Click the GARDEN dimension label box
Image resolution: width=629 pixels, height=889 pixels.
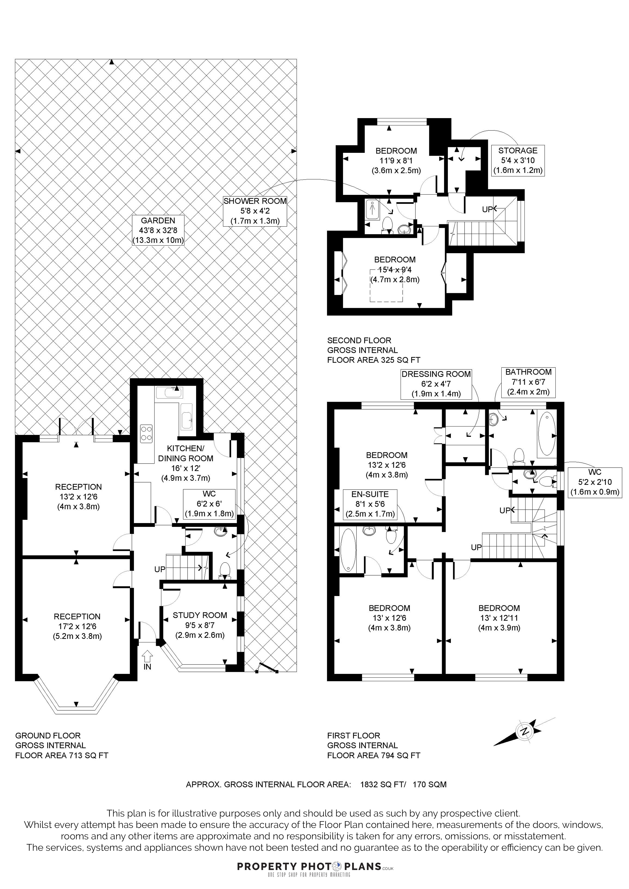pyautogui.click(x=158, y=230)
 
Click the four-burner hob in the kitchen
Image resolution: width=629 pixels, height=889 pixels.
pyautogui.click(x=146, y=433)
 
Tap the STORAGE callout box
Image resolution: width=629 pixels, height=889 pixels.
pyautogui.click(x=518, y=160)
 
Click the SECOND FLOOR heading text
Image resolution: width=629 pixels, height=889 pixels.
pyautogui.click(x=359, y=340)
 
